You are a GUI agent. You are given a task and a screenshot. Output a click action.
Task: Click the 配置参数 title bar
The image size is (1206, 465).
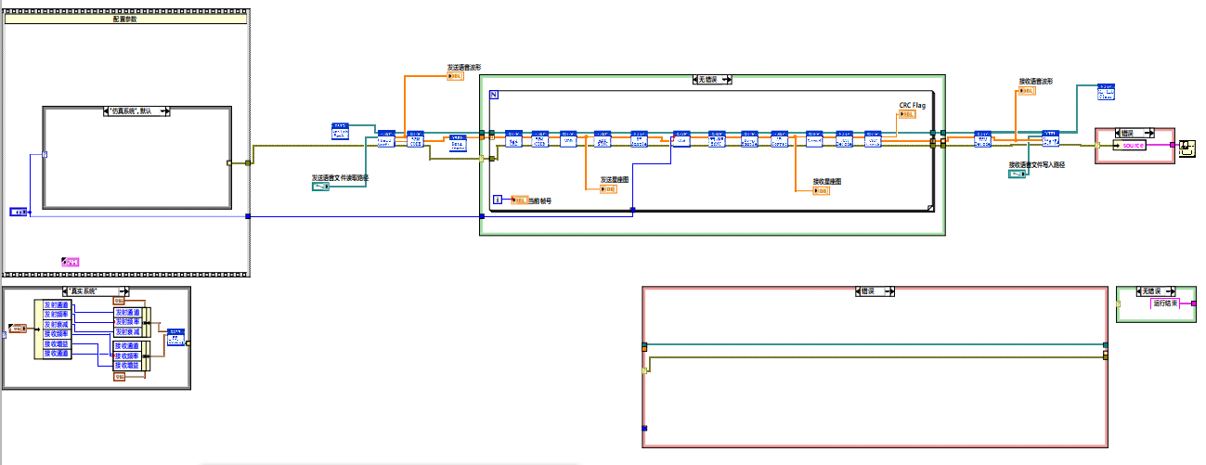[125, 18]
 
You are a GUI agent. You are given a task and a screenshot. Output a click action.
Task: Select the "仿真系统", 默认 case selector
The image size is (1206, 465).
[137, 110]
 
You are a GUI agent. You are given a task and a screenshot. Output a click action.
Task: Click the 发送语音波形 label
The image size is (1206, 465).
[464, 67]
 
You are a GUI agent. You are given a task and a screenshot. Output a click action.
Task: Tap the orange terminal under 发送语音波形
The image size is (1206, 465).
[455, 76]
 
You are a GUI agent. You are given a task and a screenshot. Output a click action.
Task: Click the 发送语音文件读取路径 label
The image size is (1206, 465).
[340, 177]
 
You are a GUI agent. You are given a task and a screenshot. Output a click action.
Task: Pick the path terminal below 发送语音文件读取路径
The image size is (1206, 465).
[321, 187]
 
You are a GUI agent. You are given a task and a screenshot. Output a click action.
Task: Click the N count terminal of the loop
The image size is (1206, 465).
[494, 96]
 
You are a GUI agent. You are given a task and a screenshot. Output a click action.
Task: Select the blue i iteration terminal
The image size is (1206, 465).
[499, 200]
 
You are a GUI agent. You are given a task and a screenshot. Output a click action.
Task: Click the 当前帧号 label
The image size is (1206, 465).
[539, 200]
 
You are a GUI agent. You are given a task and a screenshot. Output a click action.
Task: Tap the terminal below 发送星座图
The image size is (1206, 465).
[608, 188]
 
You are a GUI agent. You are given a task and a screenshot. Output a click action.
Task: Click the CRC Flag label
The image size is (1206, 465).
[913, 106]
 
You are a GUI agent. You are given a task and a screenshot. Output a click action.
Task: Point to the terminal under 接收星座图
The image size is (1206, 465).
[821, 190]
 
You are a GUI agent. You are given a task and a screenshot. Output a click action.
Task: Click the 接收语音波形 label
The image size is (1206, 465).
[1036, 81]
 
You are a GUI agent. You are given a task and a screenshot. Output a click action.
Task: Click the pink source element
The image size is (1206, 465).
[1133, 145]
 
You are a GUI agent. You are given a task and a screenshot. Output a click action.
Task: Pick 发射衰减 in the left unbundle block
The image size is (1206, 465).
[57, 324]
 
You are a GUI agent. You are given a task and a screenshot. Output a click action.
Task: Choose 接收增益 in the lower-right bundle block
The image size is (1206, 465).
[126, 365]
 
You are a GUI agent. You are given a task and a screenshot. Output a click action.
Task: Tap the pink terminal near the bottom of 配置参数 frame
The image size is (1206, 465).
[70, 263]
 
